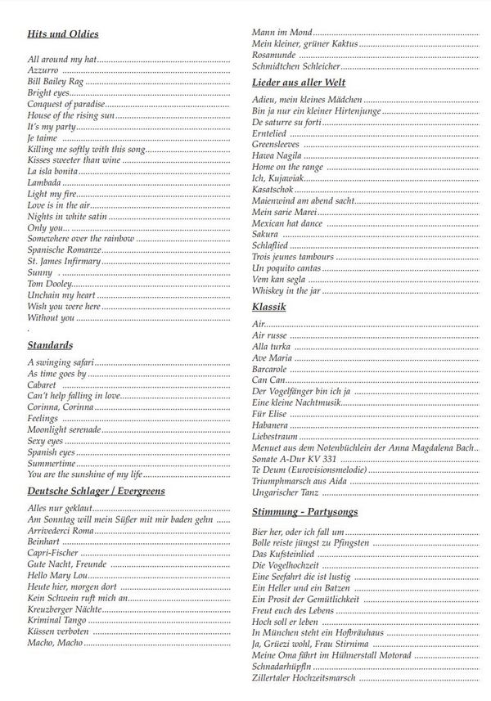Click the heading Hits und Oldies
(63, 34)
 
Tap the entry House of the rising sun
(70, 116)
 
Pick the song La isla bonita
(52, 172)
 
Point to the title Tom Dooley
(50, 283)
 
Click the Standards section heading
(50, 345)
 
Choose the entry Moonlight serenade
(64, 429)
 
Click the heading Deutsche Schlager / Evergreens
(97, 491)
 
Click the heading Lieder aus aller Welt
(299, 83)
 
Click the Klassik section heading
(268, 307)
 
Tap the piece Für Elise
(271, 414)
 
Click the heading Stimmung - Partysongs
(305, 512)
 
